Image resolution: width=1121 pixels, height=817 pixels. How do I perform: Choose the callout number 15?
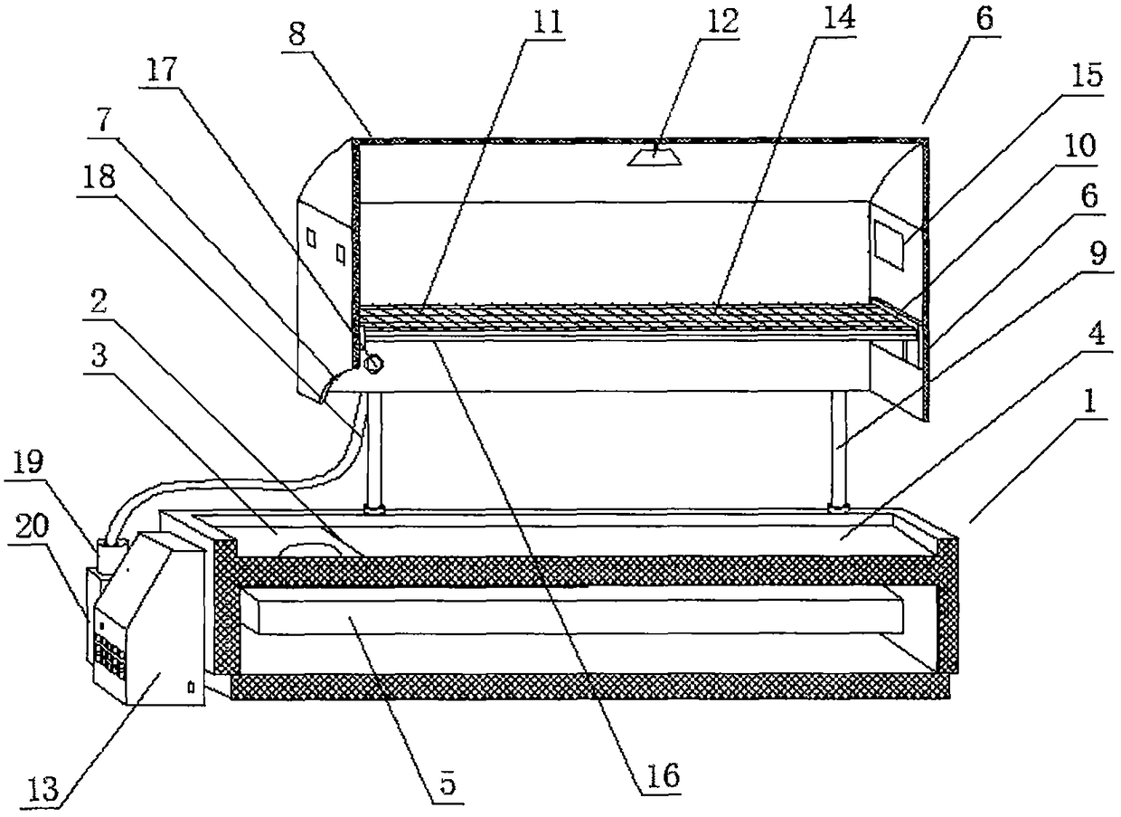1091,78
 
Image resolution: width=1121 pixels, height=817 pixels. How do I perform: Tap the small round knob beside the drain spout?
372,366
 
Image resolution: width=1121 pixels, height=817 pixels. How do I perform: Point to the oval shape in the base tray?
308,550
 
